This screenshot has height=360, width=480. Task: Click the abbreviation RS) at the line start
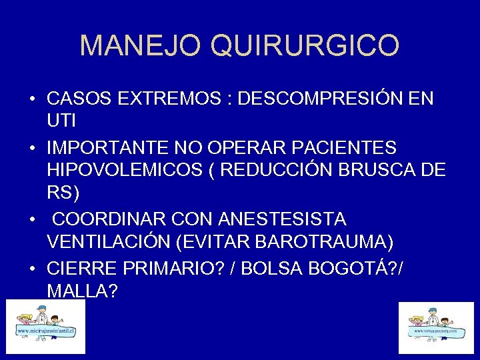[63, 194]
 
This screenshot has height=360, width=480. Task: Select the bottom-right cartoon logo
[436, 328]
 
